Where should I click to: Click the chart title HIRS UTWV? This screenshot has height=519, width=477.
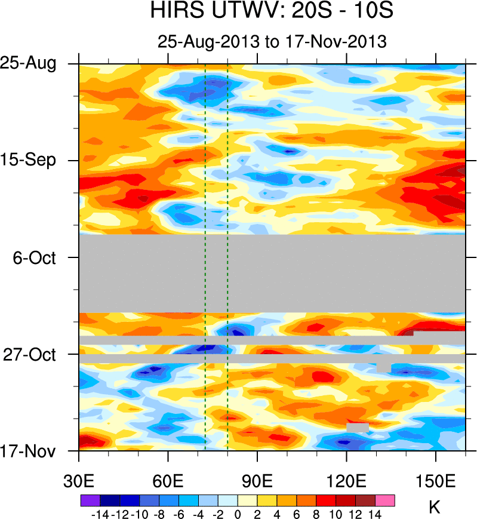(272, 12)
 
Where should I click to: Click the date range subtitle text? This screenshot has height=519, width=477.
(272, 42)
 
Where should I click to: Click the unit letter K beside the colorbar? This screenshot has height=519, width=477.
(435, 508)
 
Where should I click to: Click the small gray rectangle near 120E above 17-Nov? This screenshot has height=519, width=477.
(357, 428)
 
